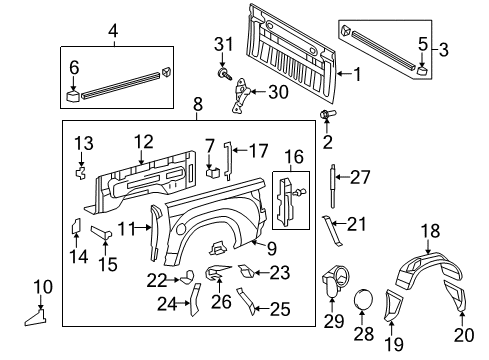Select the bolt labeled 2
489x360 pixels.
(325, 117)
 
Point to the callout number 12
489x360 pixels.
(144, 142)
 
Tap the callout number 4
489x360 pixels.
(113, 30)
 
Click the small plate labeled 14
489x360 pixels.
(75, 225)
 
